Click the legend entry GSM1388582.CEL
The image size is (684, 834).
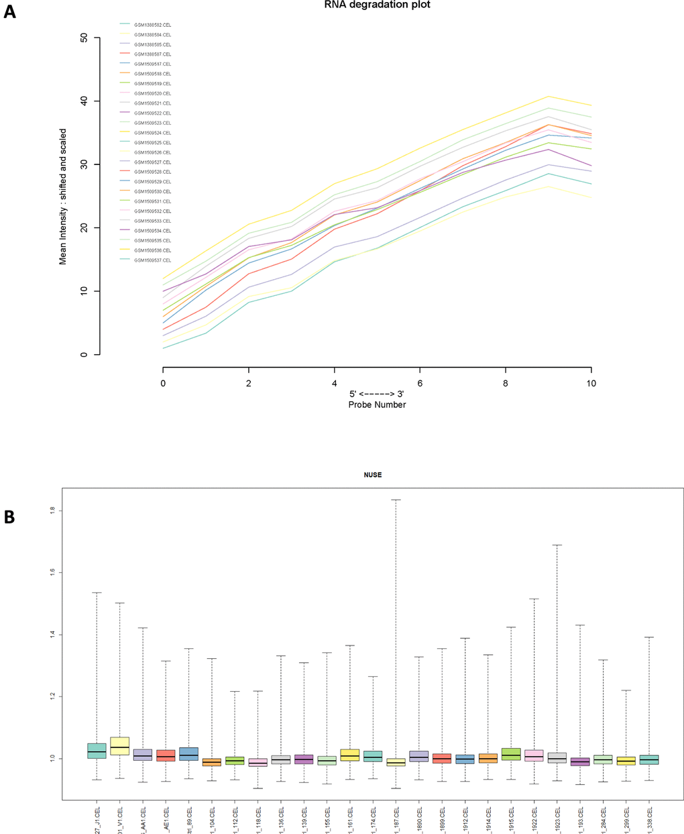point(152,25)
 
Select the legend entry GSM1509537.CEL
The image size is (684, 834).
point(152,260)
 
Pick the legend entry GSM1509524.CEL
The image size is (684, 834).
point(152,133)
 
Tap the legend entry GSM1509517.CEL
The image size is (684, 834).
point(152,64)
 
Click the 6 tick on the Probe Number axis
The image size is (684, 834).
point(420,383)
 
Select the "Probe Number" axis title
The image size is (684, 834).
point(377,405)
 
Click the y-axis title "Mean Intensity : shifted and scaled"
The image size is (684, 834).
point(63,196)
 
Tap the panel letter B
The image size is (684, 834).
point(9,517)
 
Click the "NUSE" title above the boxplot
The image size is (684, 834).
point(372,475)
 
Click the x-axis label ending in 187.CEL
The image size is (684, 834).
point(396,817)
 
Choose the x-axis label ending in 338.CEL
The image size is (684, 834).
point(650,817)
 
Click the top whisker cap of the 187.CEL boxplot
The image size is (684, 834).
point(396,500)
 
